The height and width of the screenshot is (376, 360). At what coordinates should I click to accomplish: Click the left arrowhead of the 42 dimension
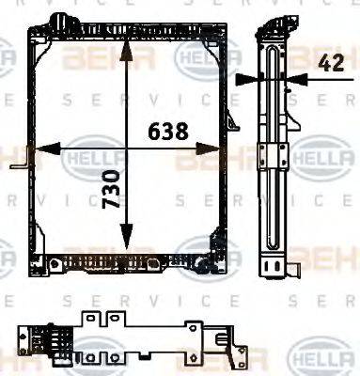pyautogui.click(x=246, y=81)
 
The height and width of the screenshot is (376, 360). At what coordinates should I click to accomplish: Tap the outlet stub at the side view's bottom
pyautogui.click(x=294, y=269)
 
